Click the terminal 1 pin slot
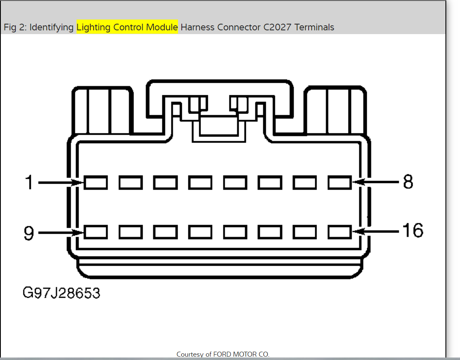click(96, 182)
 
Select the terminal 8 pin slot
click(340, 182)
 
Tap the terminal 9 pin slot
click(96, 232)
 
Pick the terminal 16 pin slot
click(340, 232)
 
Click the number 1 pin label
click(29, 182)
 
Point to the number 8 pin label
click(408, 182)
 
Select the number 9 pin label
click(29, 233)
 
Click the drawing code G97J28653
click(61, 293)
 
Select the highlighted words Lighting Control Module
click(127, 27)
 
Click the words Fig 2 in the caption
click(14, 27)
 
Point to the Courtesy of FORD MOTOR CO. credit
click(223, 354)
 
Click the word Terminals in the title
click(314, 27)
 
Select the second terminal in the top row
click(131, 182)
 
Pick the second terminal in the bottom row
click(131, 232)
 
